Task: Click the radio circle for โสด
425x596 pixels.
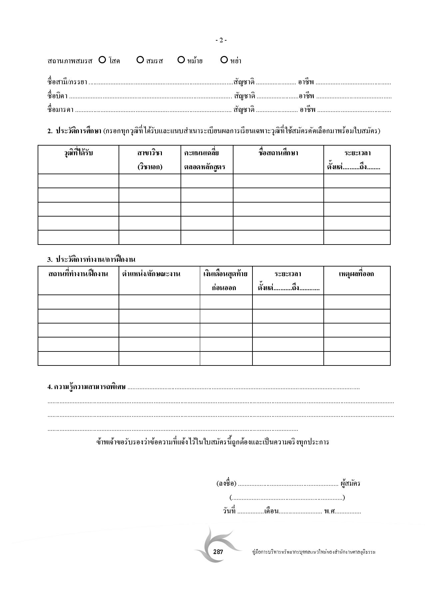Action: coord(102,60)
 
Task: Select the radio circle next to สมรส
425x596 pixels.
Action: coord(140,60)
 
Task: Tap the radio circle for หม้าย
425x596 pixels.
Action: coord(181,60)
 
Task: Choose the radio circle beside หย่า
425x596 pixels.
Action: coord(224,60)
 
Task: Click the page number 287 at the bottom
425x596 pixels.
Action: coord(218,552)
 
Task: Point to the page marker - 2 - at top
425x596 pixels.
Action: coord(221,40)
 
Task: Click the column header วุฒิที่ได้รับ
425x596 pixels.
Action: coord(78,153)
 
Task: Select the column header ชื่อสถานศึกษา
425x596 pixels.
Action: coord(278,153)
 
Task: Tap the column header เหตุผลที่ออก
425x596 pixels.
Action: coord(356,274)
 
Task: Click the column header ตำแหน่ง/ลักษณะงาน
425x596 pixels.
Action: coord(151,274)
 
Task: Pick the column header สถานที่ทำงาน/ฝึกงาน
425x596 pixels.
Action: coord(78,274)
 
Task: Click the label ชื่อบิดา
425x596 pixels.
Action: coord(57,96)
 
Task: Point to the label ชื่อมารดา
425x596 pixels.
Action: coord(60,110)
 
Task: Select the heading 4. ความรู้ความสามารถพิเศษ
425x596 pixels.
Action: coord(87,387)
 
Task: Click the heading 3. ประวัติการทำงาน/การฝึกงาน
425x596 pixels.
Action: coord(91,259)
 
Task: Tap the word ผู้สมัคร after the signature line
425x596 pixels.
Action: coord(350,483)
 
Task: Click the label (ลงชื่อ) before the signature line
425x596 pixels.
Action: coord(226,483)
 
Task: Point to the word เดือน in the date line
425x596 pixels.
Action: coord(271,511)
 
